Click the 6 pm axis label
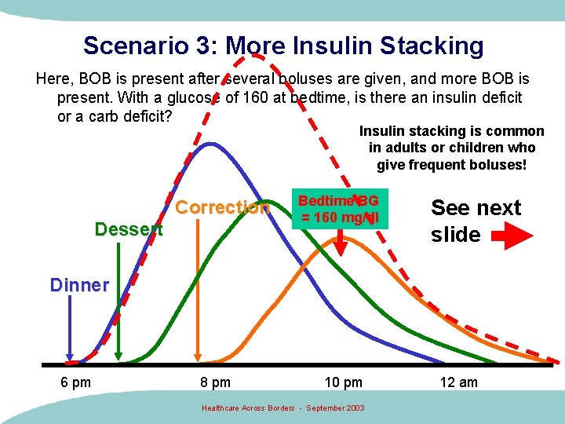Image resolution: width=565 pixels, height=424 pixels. pos(75,382)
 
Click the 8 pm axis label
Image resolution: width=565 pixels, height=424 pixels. pos(214,382)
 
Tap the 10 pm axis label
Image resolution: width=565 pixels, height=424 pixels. pos(343,382)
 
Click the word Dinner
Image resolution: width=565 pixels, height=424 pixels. pos(79,285)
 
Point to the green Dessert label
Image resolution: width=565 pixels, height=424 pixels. pos(128,229)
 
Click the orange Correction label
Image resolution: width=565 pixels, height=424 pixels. pos(222,207)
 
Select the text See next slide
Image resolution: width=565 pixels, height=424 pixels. pos(476,221)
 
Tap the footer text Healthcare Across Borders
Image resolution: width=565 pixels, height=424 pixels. pos(249,408)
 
